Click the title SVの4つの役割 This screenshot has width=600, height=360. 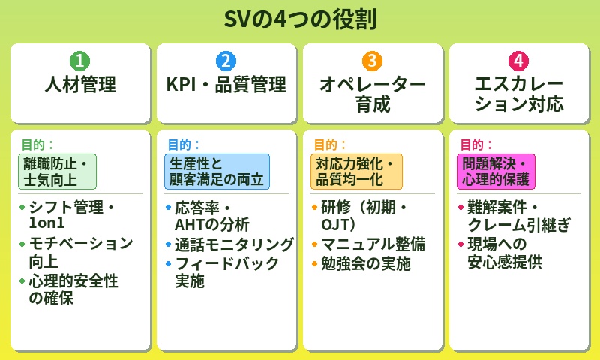[x=300, y=19]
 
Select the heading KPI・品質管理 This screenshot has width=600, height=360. [x=226, y=85]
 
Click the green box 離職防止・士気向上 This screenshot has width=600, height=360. [x=57, y=172]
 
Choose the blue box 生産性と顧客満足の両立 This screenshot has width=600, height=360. [x=217, y=172]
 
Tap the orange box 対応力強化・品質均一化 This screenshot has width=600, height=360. [x=356, y=172]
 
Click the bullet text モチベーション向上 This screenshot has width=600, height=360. [x=79, y=253]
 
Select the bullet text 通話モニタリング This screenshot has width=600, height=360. [x=233, y=244]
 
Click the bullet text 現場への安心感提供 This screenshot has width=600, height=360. [x=503, y=253]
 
